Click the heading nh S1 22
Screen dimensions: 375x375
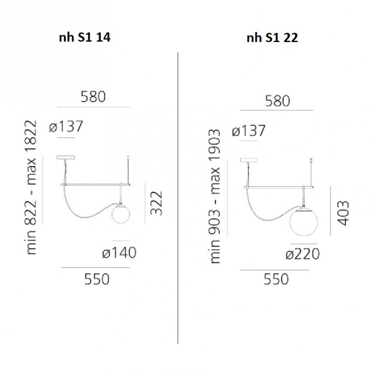coord(272,38)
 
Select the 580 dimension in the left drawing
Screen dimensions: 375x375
coord(94,97)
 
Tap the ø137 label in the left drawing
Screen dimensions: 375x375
coord(66,127)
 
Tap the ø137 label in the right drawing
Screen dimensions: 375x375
coord(249,131)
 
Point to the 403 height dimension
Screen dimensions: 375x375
coord(343,213)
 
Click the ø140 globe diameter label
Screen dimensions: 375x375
coord(120,253)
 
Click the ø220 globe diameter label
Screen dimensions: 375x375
coord(302,254)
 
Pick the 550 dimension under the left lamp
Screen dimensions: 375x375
coord(97,279)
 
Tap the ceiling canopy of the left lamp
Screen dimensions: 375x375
coord(65,158)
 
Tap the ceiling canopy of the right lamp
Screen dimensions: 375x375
coord(248,160)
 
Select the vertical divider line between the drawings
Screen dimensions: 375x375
coord(178,197)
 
